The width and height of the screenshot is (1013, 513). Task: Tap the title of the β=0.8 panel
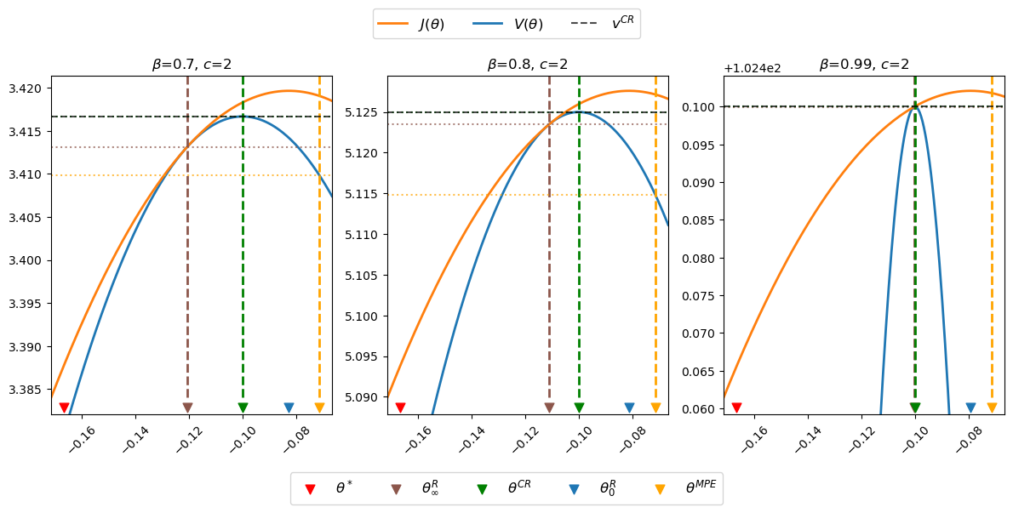(x=528, y=65)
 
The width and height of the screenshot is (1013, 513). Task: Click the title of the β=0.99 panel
(x=864, y=65)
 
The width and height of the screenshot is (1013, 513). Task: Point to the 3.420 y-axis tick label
(x=28, y=88)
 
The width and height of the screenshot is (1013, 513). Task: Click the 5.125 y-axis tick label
(x=364, y=112)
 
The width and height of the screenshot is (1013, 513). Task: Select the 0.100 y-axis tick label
(x=701, y=107)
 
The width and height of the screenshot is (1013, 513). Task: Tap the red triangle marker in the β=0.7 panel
(x=64, y=408)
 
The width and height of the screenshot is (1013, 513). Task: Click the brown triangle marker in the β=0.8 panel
(x=549, y=408)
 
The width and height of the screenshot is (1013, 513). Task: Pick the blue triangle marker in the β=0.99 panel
(x=970, y=408)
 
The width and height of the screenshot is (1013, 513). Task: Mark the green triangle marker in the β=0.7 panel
(x=243, y=408)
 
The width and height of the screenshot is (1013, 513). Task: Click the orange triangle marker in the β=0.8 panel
(x=655, y=408)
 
